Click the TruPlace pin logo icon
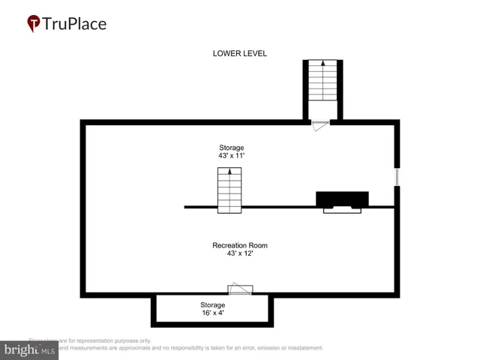33,23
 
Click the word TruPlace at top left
75,23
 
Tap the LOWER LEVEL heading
240,53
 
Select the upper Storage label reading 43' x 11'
231,152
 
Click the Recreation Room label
240,245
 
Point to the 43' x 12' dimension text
240,254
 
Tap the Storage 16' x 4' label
212,309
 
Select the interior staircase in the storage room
230,190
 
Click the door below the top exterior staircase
320,125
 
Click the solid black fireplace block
342,199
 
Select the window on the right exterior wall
397,175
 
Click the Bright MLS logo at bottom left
30,349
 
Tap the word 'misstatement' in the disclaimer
300,348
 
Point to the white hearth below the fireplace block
342,210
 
